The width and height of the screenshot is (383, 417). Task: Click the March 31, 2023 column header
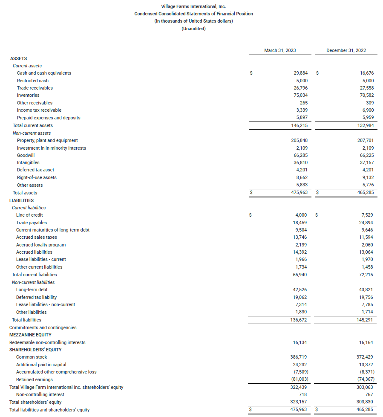coord(280,50)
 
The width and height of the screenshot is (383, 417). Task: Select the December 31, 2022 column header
coord(346,50)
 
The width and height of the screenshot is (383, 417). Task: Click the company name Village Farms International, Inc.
coord(193,6)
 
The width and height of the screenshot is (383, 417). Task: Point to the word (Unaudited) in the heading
coord(193,29)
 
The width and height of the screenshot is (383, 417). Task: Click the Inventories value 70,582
coord(366,95)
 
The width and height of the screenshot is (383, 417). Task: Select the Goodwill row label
coord(26,155)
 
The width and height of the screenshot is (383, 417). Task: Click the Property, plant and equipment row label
coord(47,140)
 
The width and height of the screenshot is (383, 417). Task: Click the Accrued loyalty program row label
coord(41,245)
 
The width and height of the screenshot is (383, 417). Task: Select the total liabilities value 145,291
coord(366,319)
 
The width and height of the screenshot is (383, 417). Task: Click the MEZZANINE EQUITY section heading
coord(30,335)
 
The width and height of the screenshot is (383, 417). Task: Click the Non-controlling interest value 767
coord(369,394)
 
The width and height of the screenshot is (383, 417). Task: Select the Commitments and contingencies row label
coord(43,327)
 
